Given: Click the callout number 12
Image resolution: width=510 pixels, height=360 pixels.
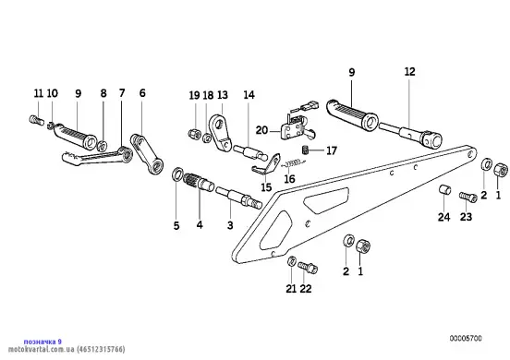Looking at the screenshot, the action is (x=410, y=71).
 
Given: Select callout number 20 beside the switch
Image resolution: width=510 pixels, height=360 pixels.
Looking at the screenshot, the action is (x=261, y=130).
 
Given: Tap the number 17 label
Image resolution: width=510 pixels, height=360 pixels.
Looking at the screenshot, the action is (x=332, y=150).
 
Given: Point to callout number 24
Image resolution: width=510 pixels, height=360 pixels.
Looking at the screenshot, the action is (x=443, y=217).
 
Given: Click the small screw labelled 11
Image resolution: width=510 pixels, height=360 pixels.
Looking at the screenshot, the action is (x=36, y=120).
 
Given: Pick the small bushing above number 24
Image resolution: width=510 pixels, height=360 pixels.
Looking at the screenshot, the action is (x=444, y=189).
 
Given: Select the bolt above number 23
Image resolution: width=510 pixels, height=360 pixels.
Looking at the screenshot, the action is (x=467, y=197).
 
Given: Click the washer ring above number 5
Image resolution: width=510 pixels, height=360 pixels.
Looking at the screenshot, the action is (x=177, y=174).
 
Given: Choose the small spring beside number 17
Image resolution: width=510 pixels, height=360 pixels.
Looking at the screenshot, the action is (x=306, y=150).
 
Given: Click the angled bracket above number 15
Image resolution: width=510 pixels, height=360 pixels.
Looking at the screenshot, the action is (x=266, y=164).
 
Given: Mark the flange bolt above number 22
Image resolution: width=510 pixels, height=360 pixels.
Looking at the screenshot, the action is (x=308, y=268).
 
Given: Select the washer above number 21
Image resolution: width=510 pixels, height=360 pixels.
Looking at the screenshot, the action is (x=291, y=261).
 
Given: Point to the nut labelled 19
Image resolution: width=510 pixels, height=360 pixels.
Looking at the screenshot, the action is (x=194, y=134).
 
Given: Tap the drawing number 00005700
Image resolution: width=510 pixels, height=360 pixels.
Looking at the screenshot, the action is (x=466, y=339).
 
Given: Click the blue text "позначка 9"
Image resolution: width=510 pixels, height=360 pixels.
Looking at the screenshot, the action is (x=42, y=342).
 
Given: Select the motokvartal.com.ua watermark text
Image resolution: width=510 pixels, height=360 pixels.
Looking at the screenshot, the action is (x=67, y=350).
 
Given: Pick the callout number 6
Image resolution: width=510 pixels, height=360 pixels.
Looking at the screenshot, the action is (x=142, y=93).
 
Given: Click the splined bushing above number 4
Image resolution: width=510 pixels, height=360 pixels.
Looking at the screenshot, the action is (x=199, y=182).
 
